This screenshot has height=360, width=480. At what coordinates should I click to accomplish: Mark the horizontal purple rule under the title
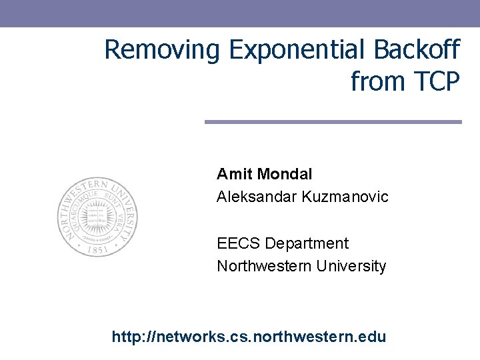pyautogui.click(x=333, y=122)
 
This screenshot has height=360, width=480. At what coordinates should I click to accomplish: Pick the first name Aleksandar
pyautogui.click(x=257, y=197)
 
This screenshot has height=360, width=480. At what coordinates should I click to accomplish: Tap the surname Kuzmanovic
pyautogui.click(x=345, y=197)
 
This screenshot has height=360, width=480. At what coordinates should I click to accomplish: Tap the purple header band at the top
pyautogui.click(x=240, y=13)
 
